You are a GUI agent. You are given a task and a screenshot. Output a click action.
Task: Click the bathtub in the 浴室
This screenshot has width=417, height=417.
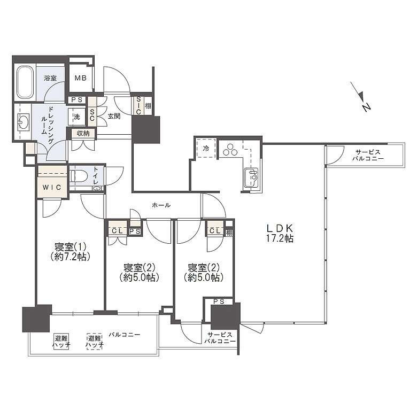click(25, 82)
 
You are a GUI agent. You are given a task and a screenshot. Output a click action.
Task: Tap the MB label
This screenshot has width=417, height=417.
click(80, 78)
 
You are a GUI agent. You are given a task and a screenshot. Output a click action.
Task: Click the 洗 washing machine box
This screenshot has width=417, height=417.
click(76, 117)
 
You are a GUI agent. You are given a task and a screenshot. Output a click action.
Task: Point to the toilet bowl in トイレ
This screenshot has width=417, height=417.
click(77, 176)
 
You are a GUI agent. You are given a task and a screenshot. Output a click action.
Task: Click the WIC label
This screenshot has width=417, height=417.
click(52, 187)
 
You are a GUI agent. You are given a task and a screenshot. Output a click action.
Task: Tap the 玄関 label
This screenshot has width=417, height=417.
click(114, 116)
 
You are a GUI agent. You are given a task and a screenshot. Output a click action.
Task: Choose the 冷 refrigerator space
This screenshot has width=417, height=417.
click(206, 149)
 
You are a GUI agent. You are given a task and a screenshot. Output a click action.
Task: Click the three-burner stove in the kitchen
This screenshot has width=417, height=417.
click(230, 150)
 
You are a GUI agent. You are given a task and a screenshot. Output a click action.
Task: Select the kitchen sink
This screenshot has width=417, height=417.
click(251, 177)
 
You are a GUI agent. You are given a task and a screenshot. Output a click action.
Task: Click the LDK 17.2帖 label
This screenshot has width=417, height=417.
click(280, 233)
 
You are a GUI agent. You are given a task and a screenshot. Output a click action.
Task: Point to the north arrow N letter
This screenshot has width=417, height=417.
click(366, 107)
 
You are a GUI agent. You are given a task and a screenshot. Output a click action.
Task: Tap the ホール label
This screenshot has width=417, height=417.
click(161, 205)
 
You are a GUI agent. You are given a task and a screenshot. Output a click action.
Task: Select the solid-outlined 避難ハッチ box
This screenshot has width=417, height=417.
click(61, 342)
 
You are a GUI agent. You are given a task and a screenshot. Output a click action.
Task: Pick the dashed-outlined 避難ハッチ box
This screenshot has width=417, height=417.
click(95, 342)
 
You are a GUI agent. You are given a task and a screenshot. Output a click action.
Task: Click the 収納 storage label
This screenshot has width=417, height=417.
click(83, 133)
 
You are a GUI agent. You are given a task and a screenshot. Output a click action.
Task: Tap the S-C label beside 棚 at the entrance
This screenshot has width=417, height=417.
click(138, 105)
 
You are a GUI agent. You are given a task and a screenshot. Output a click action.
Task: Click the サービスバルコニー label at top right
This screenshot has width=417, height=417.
click(368, 156)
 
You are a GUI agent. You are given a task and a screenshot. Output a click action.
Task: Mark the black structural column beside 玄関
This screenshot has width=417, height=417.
click(146, 129)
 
